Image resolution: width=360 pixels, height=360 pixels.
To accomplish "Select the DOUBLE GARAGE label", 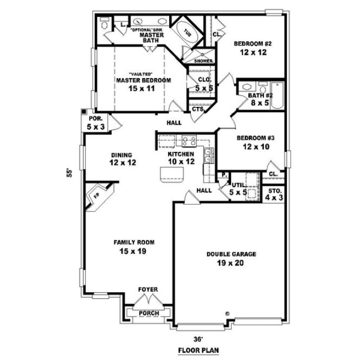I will (x=232, y=254).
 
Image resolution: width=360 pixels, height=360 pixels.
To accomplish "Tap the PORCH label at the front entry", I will (x=148, y=313).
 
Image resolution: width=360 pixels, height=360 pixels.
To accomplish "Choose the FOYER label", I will (x=148, y=290).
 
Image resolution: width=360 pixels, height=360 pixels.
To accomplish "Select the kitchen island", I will (x=171, y=175).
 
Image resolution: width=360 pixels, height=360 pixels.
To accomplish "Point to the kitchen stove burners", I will (x=189, y=142).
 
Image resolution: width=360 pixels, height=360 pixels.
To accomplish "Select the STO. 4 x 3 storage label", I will (x=273, y=194).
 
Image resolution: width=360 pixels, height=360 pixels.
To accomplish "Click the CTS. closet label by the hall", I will (x=197, y=109).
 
